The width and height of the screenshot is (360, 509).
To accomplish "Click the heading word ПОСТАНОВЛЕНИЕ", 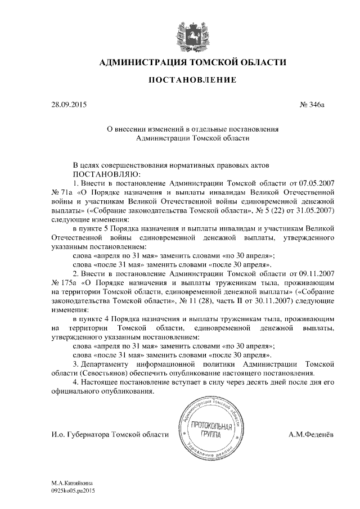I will click(192, 81).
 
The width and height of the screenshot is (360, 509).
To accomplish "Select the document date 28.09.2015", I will click(69, 105).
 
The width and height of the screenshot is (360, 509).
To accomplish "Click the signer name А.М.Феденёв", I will click(312, 435).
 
